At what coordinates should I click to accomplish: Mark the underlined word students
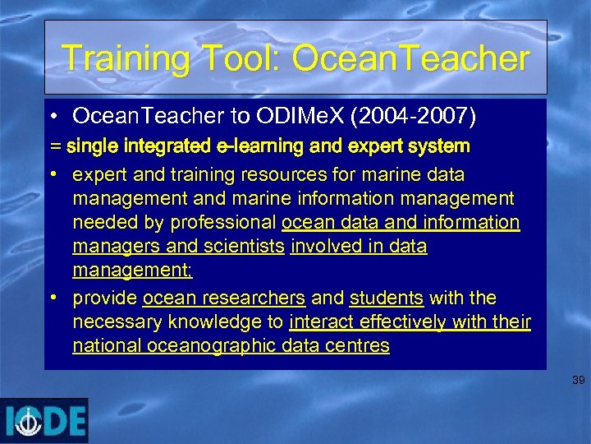(x=386, y=298)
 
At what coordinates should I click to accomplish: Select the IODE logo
(x=45, y=421)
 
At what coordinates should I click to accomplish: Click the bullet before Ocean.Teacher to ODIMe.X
(x=54, y=118)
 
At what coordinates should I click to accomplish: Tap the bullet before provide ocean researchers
(x=54, y=298)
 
